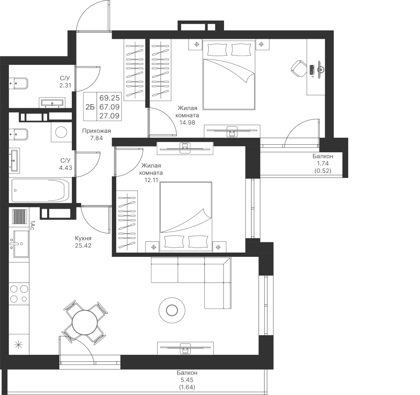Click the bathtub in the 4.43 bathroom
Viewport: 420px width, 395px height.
tap(41, 190)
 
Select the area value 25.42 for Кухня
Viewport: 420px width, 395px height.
tap(83, 246)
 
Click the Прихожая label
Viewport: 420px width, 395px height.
tap(97, 131)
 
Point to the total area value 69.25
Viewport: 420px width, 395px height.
tap(110, 97)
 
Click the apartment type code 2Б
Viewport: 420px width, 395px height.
tap(90, 107)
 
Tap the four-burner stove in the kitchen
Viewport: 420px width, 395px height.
tap(19, 293)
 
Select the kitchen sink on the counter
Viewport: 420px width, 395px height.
tap(19, 244)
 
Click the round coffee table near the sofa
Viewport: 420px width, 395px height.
tap(172, 310)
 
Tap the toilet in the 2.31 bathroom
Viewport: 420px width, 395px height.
tap(18, 83)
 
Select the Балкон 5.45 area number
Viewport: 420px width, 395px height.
tap(187, 380)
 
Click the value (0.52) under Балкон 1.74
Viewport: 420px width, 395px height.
tap(323, 170)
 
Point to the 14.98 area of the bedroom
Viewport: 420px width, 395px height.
tap(187, 122)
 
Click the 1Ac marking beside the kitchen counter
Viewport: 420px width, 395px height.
tap(31, 225)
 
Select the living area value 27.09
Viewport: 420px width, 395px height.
tap(110, 116)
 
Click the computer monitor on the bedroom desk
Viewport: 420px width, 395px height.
tap(320, 70)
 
